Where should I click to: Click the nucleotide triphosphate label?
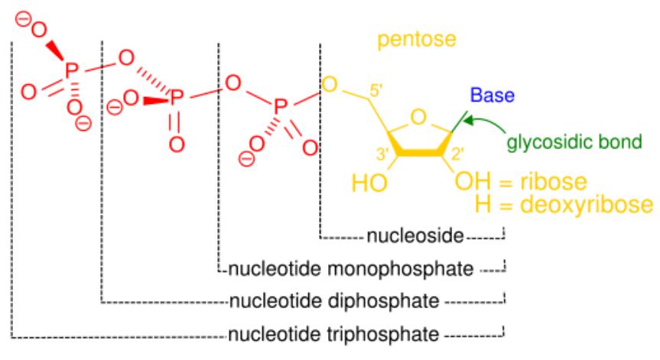pyautogui.click(x=333, y=333)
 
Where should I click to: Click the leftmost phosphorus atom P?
pyautogui.click(x=71, y=71)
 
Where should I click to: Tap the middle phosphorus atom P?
pyautogui.click(x=177, y=99)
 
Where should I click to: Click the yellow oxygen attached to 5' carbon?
pyautogui.click(x=330, y=83)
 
